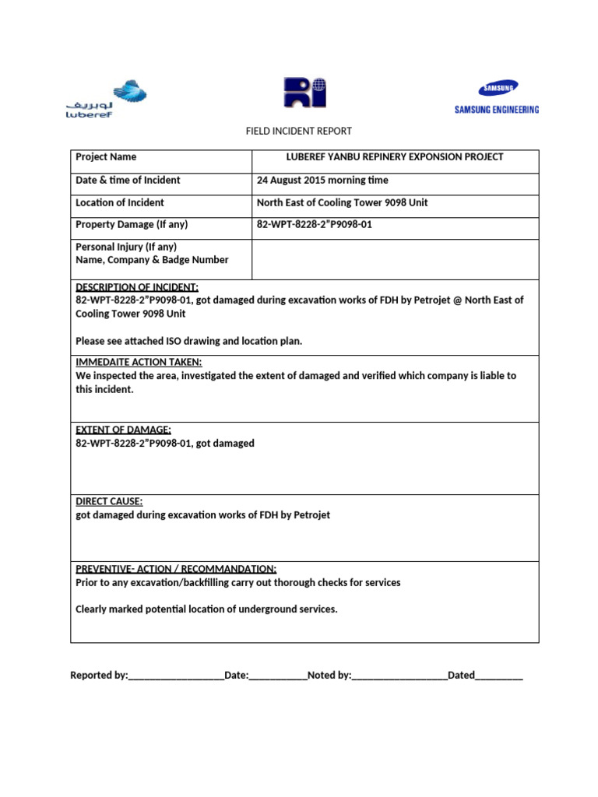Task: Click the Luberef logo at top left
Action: click(105, 98)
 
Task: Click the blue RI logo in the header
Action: click(304, 93)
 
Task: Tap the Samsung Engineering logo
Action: click(496, 98)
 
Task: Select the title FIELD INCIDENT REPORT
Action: click(299, 132)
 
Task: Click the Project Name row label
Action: click(106, 157)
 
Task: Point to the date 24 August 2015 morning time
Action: click(322, 181)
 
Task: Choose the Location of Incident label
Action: click(120, 203)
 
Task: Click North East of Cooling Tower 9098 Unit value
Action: click(343, 203)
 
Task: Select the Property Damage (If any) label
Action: click(132, 225)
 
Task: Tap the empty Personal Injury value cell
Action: click(395, 258)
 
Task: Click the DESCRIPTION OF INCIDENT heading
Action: click(137, 287)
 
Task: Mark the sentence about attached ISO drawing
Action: click(188, 341)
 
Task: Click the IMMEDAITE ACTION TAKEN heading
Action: click(139, 363)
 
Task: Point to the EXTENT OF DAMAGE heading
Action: click(123, 430)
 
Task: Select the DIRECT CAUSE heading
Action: click(109, 502)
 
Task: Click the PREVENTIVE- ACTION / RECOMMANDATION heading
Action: click(176, 569)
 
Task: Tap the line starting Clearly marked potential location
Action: click(206, 609)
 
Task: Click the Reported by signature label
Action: click(99, 676)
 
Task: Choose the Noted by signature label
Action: click(329, 676)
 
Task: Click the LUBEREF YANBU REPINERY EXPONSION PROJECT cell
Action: click(395, 157)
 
